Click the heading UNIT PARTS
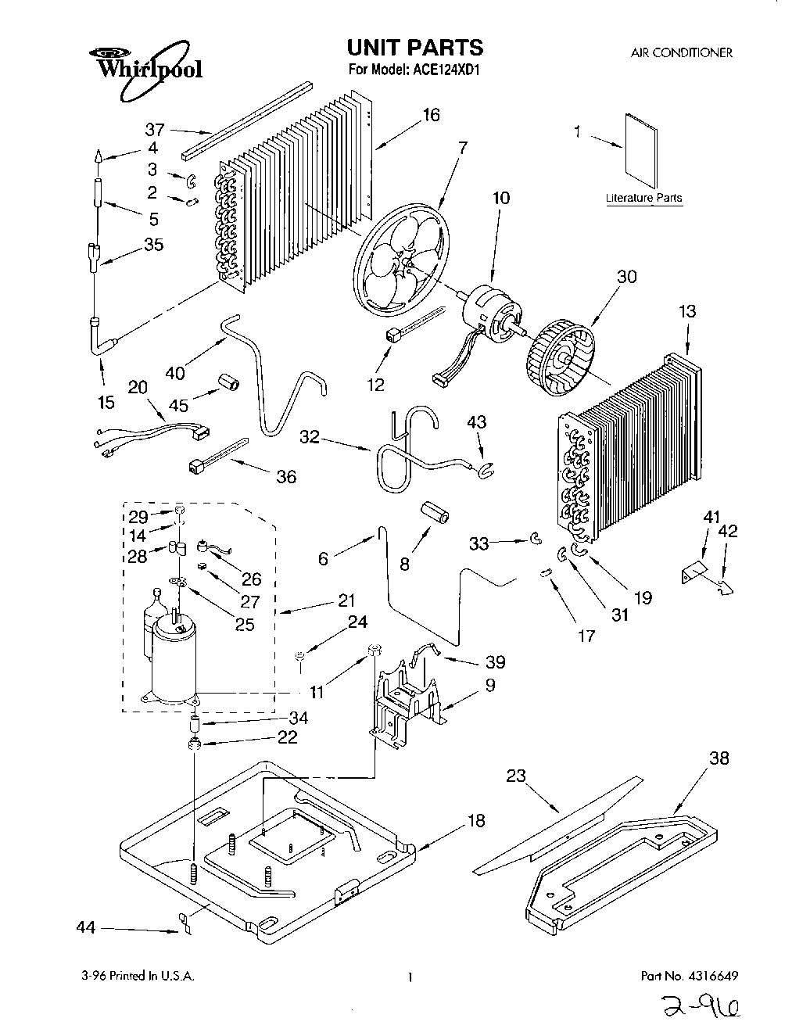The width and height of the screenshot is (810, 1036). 416,48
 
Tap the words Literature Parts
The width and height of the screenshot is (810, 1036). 643,198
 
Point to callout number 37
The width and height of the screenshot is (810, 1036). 154,130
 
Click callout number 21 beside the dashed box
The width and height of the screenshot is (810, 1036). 346,600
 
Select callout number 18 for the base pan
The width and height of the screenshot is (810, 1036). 476,820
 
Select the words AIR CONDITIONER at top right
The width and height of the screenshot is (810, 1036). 681,53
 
